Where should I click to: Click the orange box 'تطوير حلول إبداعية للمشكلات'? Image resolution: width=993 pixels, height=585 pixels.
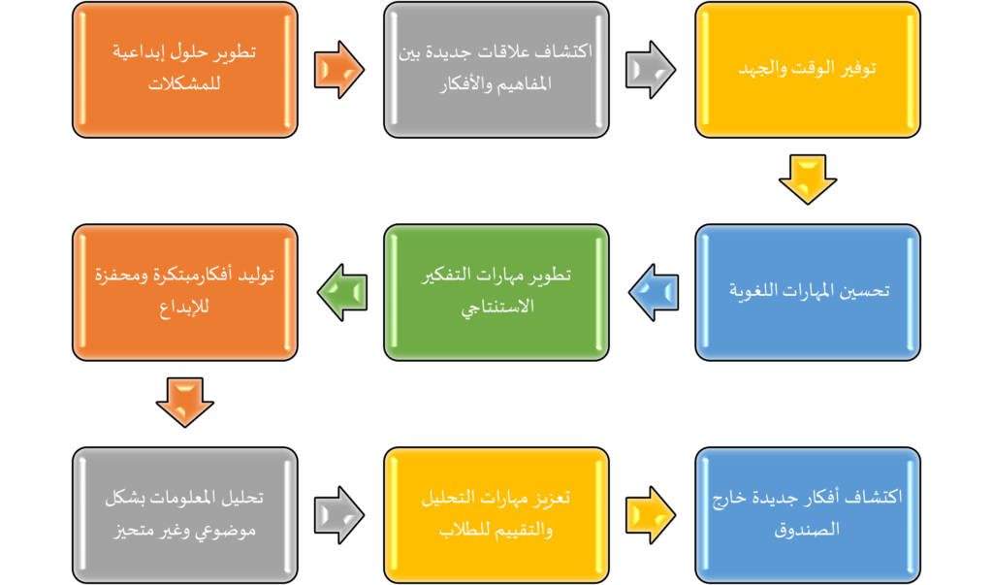pyautogui.click(x=184, y=69)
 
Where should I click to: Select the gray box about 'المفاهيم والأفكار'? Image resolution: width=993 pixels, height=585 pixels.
pyautogui.click(x=496, y=69)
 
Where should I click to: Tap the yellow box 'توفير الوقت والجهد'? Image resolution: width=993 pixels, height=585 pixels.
pyautogui.click(x=807, y=69)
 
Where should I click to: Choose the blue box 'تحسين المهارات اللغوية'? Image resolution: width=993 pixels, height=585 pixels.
pyautogui.click(x=807, y=292)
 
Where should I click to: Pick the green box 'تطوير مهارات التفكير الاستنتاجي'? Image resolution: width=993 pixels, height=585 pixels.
pyautogui.click(x=496, y=292)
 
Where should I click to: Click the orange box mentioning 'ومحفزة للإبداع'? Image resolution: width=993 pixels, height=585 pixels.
pyautogui.click(x=184, y=292)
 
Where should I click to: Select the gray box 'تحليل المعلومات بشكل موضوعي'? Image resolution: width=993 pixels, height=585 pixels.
pyautogui.click(x=184, y=514)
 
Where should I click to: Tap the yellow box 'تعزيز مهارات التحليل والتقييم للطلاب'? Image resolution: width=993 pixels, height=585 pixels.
pyautogui.click(x=496, y=514)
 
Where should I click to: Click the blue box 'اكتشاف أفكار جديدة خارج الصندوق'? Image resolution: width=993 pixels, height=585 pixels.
pyautogui.click(x=807, y=514)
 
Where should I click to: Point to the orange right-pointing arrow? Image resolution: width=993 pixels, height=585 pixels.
pyautogui.click(x=338, y=70)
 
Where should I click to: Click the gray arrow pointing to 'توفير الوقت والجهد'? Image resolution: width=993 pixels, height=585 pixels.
pyautogui.click(x=650, y=70)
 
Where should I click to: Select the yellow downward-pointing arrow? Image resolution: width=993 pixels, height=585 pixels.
pyautogui.click(x=807, y=179)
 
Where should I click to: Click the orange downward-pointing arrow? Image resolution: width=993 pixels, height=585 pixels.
pyautogui.click(x=184, y=402)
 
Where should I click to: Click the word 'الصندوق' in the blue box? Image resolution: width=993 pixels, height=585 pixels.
pyautogui.click(x=807, y=531)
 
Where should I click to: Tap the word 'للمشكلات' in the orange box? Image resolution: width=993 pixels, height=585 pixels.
pyautogui.click(x=184, y=85)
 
